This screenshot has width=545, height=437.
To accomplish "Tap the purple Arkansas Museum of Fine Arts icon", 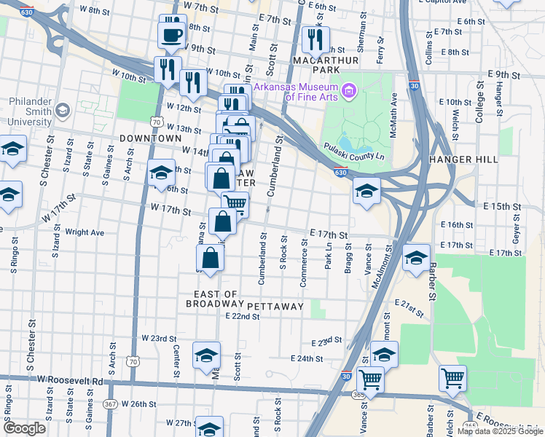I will tap(348, 90).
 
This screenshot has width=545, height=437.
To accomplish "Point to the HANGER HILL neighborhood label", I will tap(463, 160).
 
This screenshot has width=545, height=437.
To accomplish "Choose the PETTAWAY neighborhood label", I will tap(275, 307).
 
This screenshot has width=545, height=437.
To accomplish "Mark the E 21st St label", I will tap(409, 307).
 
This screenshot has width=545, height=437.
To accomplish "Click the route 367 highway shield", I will tap(110, 403).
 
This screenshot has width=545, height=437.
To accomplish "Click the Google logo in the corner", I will tap(24, 429).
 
